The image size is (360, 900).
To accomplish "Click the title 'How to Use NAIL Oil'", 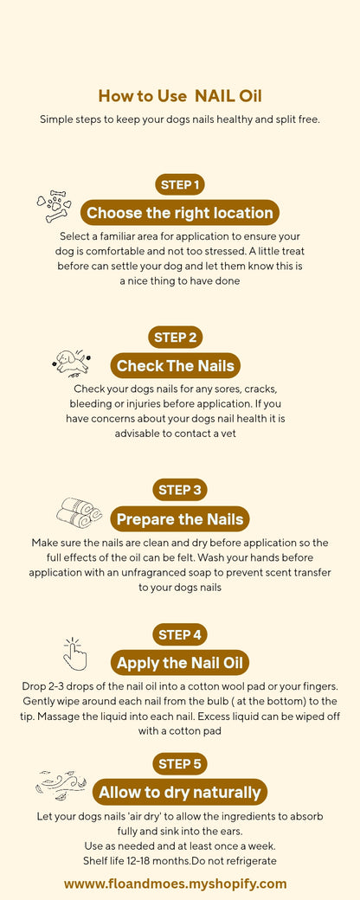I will point(180,96).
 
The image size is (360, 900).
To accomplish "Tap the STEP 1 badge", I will point(180,184).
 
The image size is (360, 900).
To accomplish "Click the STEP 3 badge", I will point(180,490).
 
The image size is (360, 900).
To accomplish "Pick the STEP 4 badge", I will point(180,635).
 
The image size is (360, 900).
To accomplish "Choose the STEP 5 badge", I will point(180,763).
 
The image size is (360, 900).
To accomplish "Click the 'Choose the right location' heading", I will point(180,213).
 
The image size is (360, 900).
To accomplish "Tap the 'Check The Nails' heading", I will point(176,365).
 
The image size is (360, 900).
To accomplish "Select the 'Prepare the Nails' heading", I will point(180,519).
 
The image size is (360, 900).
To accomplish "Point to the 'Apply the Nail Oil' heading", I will point(180,664).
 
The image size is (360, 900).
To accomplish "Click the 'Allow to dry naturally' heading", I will point(180,792).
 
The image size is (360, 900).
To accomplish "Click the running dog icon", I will point(70,362).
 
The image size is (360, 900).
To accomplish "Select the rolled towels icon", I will point(79,512).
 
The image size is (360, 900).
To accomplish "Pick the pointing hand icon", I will point(75,654).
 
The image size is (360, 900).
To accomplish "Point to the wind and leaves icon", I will point(61,785).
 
